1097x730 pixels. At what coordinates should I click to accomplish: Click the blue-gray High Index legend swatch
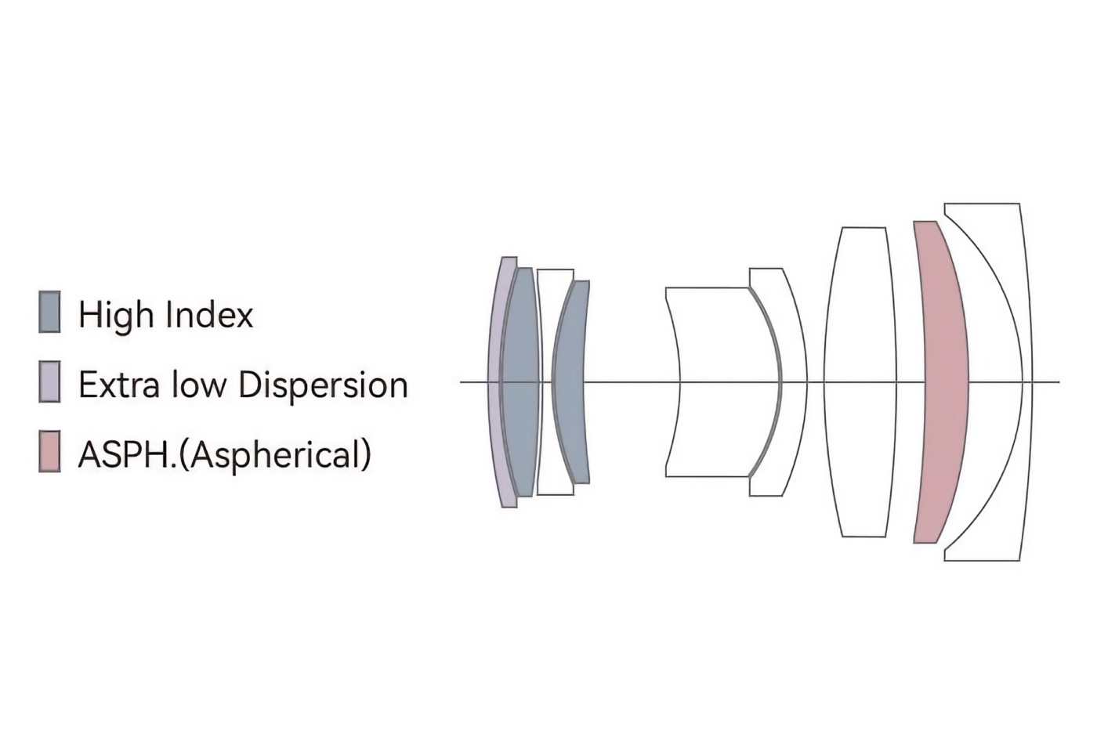coord(49,312)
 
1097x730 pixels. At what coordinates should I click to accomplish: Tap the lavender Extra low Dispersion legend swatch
coord(49,382)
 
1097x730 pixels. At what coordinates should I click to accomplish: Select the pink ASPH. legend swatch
coord(49,451)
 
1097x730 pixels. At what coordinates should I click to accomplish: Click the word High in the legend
coord(117,314)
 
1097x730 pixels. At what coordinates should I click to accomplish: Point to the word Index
coord(209,314)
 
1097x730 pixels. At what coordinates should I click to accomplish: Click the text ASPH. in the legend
coord(128,455)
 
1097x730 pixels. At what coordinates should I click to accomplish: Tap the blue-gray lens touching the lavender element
coord(520,382)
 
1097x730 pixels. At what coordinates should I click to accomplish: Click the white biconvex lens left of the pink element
coord(860,382)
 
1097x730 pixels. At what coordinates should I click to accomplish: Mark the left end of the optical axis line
coord(461,382)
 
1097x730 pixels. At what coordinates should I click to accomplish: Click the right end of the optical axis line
coord(1059,382)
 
